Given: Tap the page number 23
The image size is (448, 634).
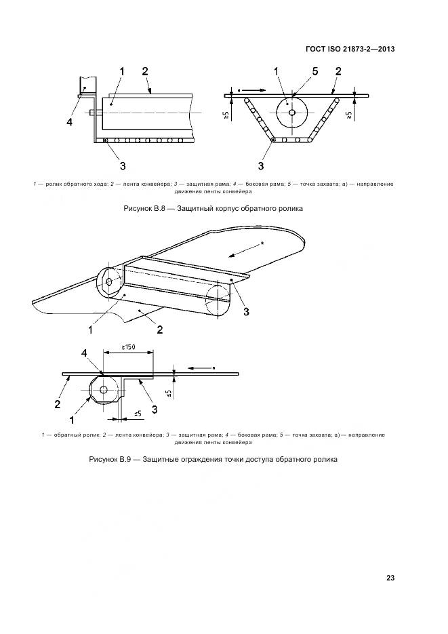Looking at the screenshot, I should [390, 578].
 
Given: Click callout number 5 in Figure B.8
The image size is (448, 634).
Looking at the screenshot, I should [314, 71].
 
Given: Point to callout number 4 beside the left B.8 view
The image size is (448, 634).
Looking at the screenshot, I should [70, 122].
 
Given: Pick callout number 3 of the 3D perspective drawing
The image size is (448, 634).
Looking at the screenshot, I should [246, 311].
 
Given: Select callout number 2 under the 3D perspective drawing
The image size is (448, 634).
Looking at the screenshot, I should [159, 330].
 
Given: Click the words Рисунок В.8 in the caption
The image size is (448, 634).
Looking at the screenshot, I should [146, 208].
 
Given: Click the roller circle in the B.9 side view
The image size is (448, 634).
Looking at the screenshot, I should [103, 390].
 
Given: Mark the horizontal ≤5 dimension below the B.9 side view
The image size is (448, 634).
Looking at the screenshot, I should [137, 413].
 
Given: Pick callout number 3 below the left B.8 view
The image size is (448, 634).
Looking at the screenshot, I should [122, 164].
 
